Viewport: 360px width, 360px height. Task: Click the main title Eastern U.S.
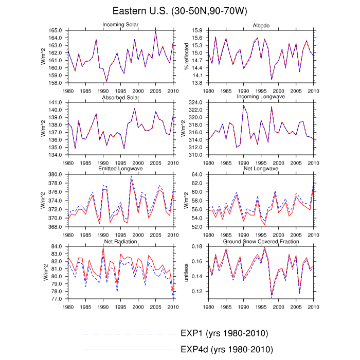179,11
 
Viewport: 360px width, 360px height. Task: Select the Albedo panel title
261,25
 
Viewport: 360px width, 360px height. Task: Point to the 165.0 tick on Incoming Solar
56,31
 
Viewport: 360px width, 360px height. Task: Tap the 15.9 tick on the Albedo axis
197,31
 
